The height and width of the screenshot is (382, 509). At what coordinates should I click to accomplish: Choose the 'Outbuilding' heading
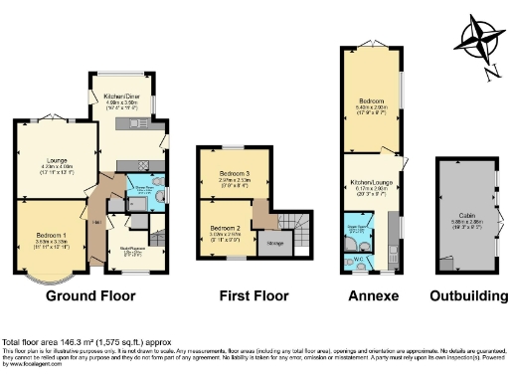464,295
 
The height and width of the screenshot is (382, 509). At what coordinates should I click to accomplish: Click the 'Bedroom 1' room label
50,235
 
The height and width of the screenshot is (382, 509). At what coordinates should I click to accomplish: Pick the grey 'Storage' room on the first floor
277,243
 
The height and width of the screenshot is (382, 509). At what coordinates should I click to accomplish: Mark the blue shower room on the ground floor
141,190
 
